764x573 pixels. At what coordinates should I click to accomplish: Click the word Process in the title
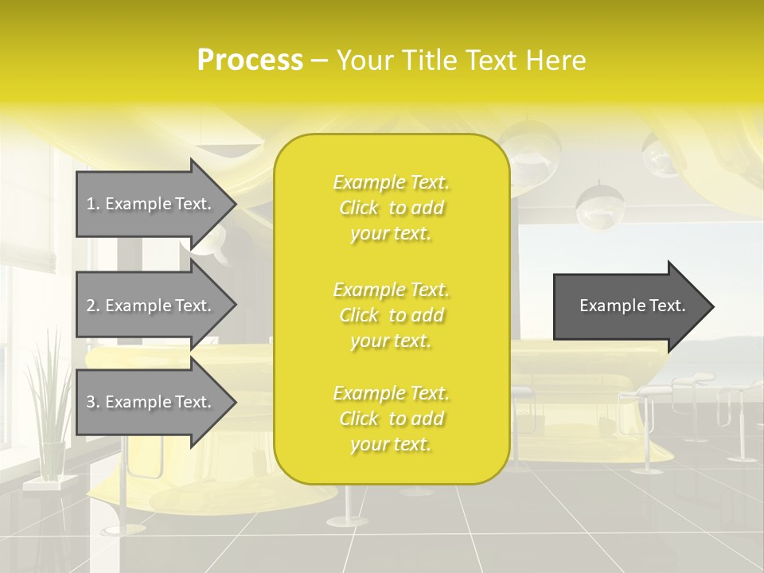pyautogui.click(x=250, y=60)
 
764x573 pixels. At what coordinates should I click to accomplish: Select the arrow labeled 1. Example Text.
pyautogui.click(x=151, y=204)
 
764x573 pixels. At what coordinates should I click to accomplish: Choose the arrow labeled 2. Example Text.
pyautogui.click(x=151, y=306)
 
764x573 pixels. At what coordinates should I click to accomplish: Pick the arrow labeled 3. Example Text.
pyautogui.click(x=151, y=402)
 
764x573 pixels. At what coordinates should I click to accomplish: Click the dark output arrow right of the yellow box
pyautogui.click(x=629, y=306)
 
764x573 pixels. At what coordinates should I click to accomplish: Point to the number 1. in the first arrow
pyautogui.click(x=93, y=204)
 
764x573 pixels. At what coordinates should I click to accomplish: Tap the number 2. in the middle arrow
pyautogui.click(x=93, y=306)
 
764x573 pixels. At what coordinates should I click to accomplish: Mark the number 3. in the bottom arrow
pyautogui.click(x=93, y=402)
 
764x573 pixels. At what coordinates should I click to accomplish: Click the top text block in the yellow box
pyautogui.click(x=391, y=208)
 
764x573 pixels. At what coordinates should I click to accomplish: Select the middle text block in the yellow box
pyautogui.click(x=391, y=315)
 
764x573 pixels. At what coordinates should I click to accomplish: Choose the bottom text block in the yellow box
pyautogui.click(x=391, y=419)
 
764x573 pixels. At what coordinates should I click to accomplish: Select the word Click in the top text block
pyautogui.click(x=359, y=208)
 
